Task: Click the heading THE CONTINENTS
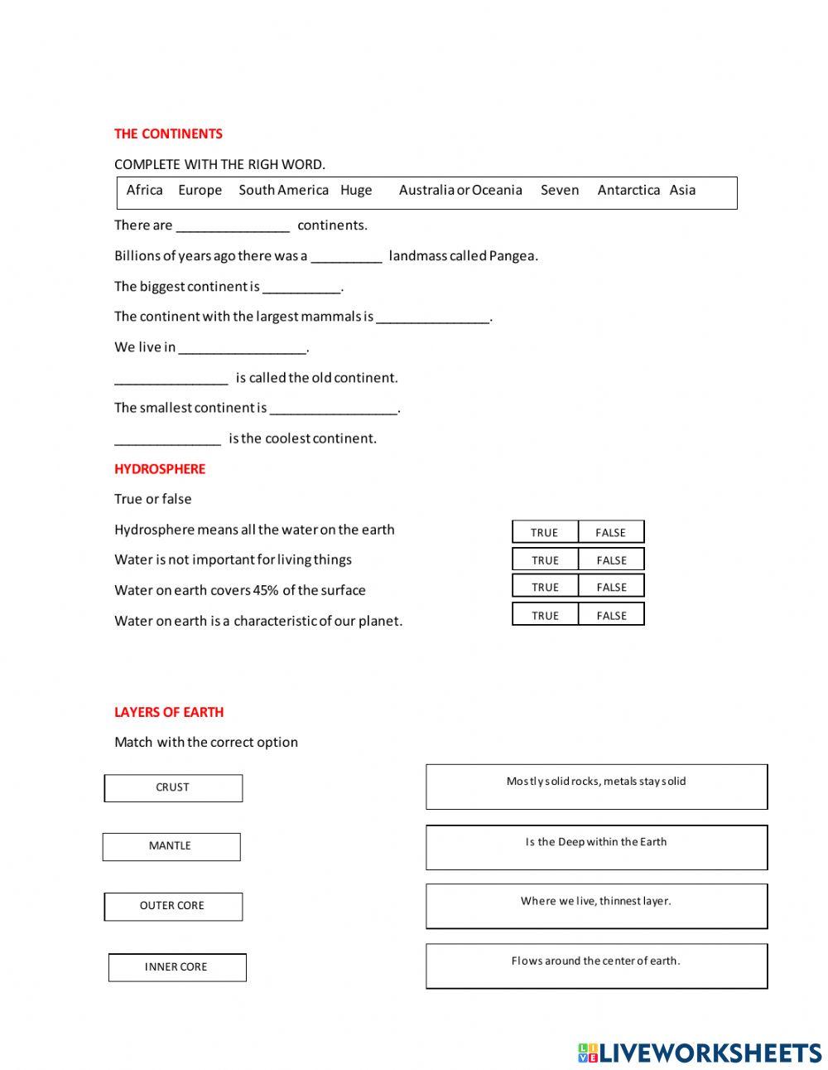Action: click(168, 133)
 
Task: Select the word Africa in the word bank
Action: click(144, 190)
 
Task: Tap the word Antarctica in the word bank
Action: click(628, 190)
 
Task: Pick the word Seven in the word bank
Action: click(560, 190)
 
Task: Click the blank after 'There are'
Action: click(233, 226)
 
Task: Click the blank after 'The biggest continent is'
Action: click(301, 288)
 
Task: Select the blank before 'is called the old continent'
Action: click(171, 379)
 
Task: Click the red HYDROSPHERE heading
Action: click(160, 468)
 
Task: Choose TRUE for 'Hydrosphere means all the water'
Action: click(544, 532)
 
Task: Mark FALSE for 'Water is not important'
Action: click(611, 559)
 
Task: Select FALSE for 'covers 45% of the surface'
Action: click(611, 587)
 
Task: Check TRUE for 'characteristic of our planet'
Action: click(544, 615)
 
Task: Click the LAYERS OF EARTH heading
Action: click(169, 712)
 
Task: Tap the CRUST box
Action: click(173, 787)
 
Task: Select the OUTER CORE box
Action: click(173, 906)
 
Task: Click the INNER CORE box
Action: click(176, 967)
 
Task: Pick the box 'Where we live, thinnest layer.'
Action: click(596, 906)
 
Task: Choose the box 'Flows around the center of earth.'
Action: click(596, 966)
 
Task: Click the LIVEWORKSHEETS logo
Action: click(700, 1053)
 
